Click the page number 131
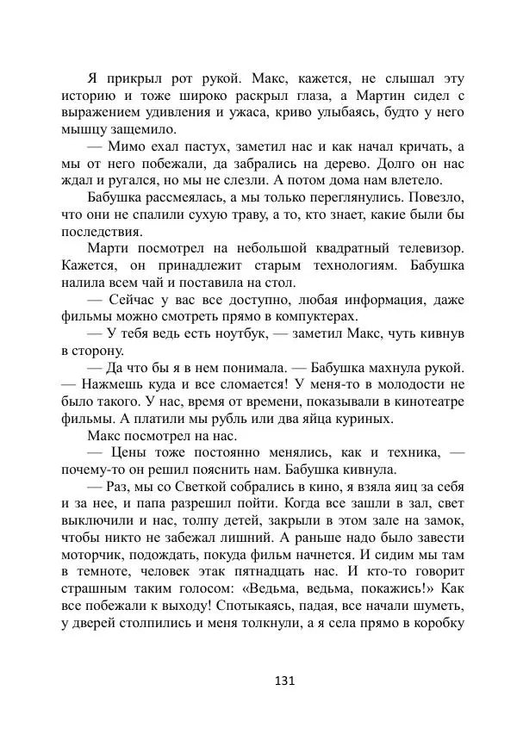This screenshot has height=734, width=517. pyautogui.click(x=284, y=681)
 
